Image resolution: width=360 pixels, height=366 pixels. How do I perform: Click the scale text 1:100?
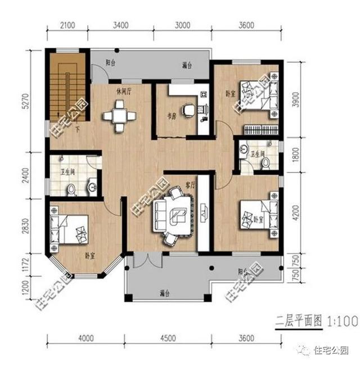click(340, 322)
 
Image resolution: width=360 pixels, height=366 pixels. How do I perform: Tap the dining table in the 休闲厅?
click(119, 115)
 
